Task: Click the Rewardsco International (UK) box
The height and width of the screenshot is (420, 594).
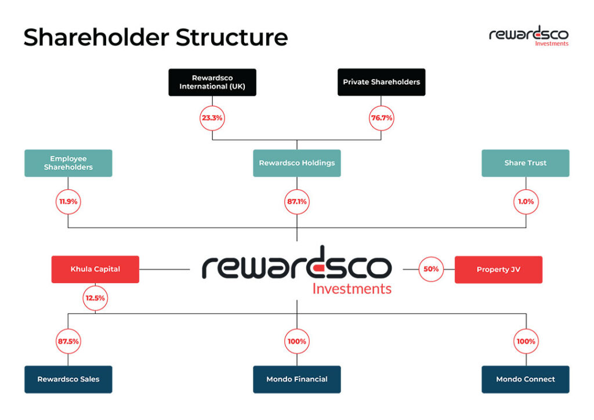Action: (212, 82)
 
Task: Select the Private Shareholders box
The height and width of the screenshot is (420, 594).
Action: (381, 82)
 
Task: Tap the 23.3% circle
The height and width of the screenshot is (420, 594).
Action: (212, 118)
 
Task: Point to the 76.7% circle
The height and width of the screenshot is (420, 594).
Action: (381, 118)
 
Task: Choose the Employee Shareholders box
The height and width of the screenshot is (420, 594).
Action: (68, 163)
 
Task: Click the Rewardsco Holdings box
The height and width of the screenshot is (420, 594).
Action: (296, 163)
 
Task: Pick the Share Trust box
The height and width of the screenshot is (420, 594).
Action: (526, 163)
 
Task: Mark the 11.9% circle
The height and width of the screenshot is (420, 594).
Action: (68, 202)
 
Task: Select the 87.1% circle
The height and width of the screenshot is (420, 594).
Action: (296, 202)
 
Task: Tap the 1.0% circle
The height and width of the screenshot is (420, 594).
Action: (526, 202)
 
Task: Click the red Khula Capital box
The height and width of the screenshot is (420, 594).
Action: (95, 269)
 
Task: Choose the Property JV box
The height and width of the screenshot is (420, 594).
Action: (498, 269)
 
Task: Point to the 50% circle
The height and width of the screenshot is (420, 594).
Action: (431, 269)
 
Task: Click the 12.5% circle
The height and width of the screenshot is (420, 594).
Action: (95, 298)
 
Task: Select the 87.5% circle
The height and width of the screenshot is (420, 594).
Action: (68, 342)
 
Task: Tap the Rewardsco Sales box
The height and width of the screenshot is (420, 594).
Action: (68, 379)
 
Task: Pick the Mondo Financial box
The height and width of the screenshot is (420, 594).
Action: (296, 379)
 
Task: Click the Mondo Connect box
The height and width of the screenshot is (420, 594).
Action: (526, 379)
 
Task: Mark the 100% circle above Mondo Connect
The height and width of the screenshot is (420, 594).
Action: (526, 342)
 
